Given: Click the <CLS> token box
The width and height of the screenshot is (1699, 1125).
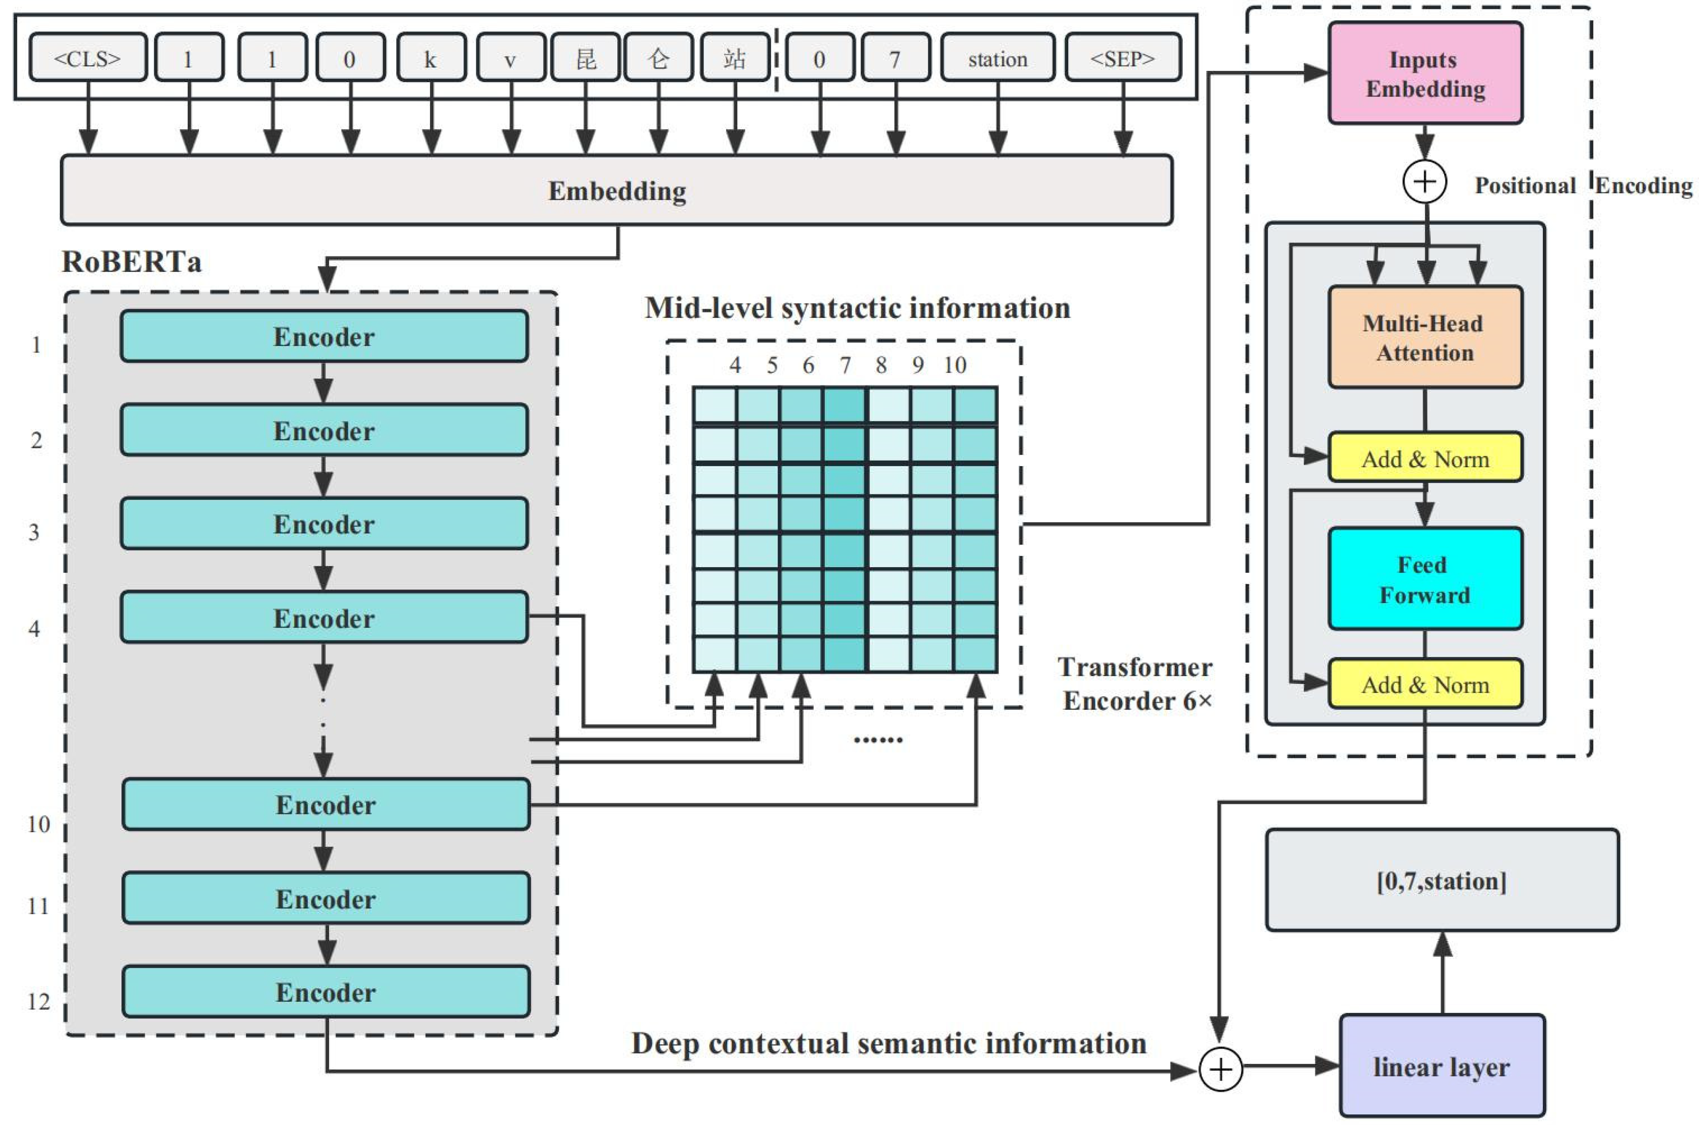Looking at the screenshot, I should pyautogui.click(x=88, y=57).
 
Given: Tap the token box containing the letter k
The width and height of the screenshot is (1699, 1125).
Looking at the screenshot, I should pyautogui.click(x=431, y=57).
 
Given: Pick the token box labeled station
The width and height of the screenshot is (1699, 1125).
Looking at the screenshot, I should pyautogui.click(x=997, y=57).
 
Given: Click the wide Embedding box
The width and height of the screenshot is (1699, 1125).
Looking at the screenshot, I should pyautogui.click(x=616, y=190).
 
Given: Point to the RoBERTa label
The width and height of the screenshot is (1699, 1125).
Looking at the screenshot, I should pyautogui.click(x=131, y=261).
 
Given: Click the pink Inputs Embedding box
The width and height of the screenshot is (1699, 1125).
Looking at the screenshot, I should pyautogui.click(x=1425, y=73).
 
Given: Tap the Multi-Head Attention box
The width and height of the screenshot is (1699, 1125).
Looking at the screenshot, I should pyautogui.click(x=1425, y=337).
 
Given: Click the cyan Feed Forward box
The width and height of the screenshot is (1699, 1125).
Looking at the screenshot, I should pyautogui.click(x=1425, y=579).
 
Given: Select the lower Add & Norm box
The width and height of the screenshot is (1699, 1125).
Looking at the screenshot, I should pyautogui.click(x=1425, y=684).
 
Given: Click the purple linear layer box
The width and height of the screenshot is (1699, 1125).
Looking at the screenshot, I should pyautogui.click(x=1441, y=1065).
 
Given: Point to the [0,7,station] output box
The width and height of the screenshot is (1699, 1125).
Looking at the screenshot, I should pyautogui.click(x=1441, y=880).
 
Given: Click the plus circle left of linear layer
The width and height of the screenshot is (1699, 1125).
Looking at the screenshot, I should pyautogui.click(x=1220, y=1069).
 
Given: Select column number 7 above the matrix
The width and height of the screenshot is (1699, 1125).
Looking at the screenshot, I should pyautogui.click(x=845, y=365).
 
